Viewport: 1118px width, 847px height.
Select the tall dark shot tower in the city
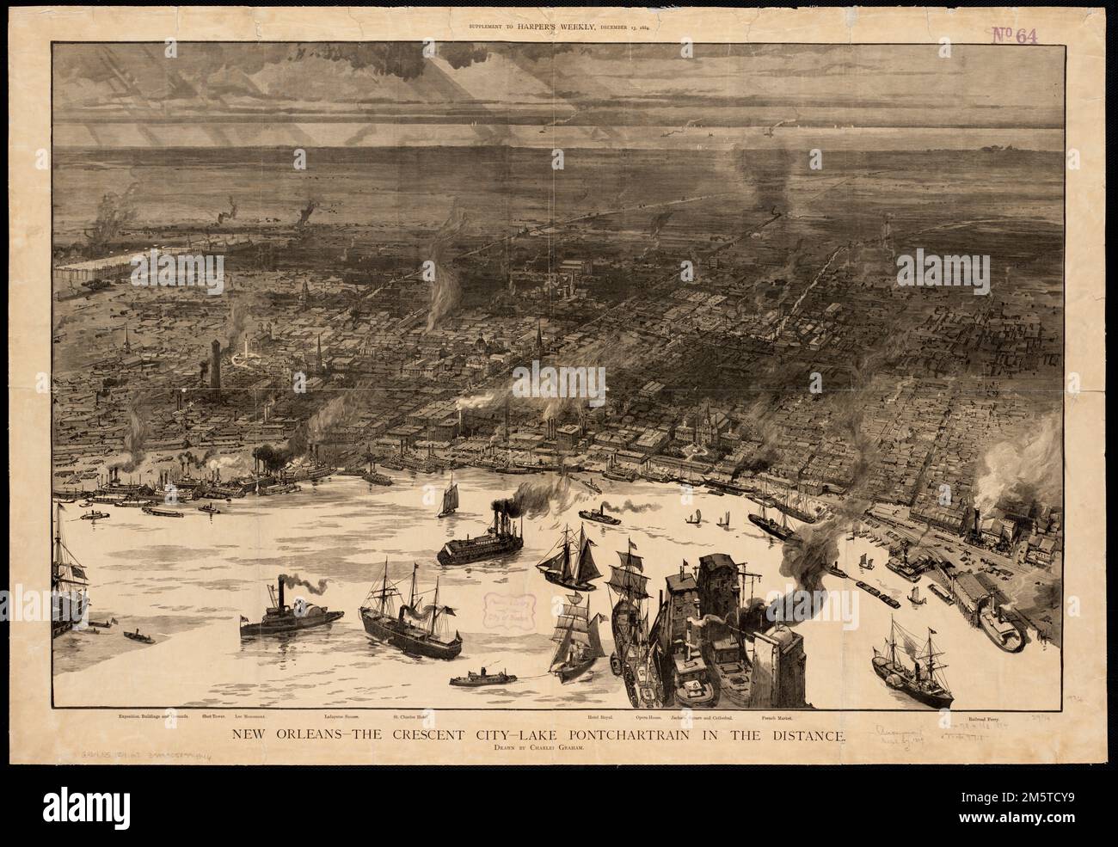pyautogui.click(x=214, y=365)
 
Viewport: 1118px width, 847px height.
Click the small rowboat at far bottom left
pyautogui.click(x=138, y=637)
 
